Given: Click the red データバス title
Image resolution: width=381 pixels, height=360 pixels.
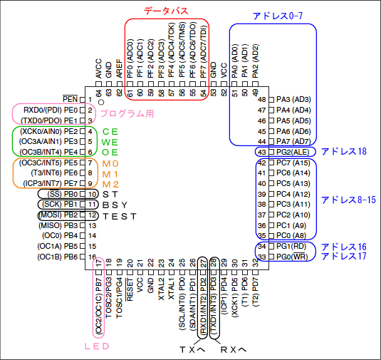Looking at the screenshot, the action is tap(166, 11).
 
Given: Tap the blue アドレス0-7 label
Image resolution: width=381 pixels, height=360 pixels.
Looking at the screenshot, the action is tap(278, 16).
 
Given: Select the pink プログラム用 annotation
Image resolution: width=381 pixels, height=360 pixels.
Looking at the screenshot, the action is tap(127, 113).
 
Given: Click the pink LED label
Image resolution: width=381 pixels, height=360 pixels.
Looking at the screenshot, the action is tap(97, 346).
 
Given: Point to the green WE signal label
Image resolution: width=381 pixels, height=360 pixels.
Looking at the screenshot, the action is tap(110, 142).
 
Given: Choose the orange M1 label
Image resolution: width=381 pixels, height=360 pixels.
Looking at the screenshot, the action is tap(110, 174).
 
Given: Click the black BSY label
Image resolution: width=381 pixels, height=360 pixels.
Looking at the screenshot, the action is tap(115, 205).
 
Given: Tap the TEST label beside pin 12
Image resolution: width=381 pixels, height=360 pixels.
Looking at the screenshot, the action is tap(120, 216).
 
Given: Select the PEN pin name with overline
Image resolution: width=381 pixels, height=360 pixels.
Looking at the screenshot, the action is tap(70, 99).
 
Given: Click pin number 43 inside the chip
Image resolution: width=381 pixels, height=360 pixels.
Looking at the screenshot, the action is tap(261, 153).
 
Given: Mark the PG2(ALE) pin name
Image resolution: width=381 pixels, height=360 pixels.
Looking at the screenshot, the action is tap(293, 153).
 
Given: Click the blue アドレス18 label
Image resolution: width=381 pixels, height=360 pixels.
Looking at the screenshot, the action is tap(344, 152).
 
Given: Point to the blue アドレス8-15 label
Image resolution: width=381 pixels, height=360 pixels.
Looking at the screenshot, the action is tap(348, 200).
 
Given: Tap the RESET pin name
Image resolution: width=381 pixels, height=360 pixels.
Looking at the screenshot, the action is tap(130, 289).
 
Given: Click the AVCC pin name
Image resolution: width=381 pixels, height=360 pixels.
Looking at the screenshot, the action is tap(98, 68).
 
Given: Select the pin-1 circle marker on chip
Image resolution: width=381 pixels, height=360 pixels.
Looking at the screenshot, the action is tap(101, 102).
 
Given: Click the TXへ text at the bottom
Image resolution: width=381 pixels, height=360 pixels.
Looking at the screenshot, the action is tap(192, 350).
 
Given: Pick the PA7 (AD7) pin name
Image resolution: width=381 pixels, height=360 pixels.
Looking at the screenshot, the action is tap(294, 141).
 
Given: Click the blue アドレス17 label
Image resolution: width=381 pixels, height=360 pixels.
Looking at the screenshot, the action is tap(344, 257).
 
